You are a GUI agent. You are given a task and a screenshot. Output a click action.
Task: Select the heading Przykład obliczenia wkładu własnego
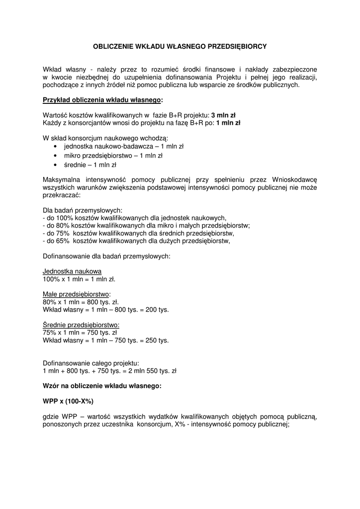(x=102, y=100)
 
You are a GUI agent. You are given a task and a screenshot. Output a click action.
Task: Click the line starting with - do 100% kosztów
(x=135, y=218)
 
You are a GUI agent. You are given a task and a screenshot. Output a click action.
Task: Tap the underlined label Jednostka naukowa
(x=72, y=271)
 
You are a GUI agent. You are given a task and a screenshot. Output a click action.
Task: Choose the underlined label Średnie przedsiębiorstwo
(x=81, y=325)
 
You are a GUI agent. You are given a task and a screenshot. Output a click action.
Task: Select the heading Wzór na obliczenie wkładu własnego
(x=102, y=386)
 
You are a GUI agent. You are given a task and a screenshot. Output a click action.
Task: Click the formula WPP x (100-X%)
(x=68, y=401)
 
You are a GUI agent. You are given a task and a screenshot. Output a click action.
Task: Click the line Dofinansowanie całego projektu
(x=91, y=363)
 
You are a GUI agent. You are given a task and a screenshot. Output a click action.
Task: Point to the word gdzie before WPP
(x=52, y=417)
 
